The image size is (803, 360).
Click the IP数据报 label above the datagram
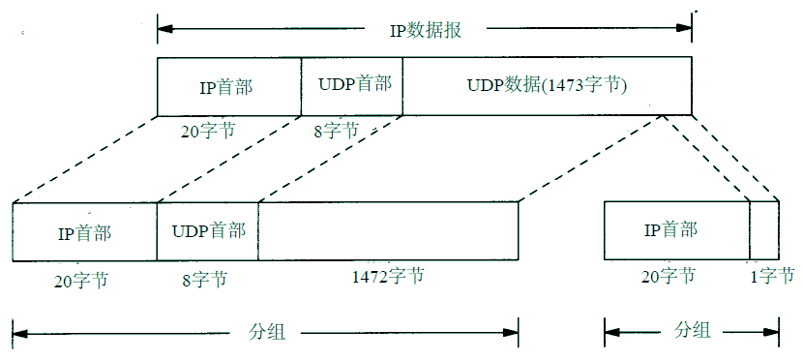coord(425,28)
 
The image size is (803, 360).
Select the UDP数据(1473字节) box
coord(547,86)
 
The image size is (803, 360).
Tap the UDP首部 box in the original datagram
coord(352,85)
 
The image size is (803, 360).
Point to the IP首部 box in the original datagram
coord(229,86)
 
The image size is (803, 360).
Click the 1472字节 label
coord(387,277)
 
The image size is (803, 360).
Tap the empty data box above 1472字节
coord(388,231)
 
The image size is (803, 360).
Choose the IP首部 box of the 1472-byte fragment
coord(84,232)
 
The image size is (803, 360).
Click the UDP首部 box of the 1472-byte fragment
coord(208,231)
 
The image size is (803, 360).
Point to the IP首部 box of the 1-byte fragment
coord(676,230)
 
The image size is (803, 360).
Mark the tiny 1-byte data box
coord(764,230)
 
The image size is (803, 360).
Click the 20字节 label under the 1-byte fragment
coord(668,277)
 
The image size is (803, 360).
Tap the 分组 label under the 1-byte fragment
coord(691,332)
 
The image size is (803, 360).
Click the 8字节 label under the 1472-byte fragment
coord(204,280)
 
